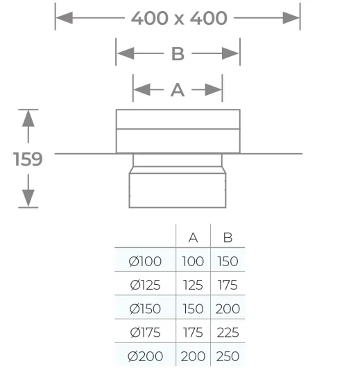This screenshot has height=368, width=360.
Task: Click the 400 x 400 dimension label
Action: [179, 18]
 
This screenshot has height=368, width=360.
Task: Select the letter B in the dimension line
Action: [178, 54]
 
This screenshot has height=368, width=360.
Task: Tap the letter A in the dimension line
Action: [178, 90]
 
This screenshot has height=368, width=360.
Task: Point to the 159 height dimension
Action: [28, 159]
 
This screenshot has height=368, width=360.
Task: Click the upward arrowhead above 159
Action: [28, 119]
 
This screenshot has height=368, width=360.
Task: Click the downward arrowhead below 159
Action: [28, 198]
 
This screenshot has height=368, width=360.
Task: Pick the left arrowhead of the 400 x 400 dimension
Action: [65, 18]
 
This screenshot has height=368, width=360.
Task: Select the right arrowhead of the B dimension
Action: [230, 53]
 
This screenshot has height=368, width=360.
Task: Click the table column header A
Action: [193, 238]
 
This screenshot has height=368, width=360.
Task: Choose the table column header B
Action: [228, 238]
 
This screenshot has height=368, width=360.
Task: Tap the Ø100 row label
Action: [145, 261]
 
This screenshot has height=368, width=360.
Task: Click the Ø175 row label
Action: [146, 333]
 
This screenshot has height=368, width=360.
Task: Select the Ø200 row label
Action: [146, 356]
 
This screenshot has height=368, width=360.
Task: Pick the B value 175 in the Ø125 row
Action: [228, 285]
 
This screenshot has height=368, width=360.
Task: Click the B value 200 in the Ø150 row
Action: [228, 308]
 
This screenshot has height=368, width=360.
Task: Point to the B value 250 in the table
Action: [228, 356]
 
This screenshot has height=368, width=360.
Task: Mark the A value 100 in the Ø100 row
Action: [193, 261]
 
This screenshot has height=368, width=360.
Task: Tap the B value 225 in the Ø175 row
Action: [228, 333]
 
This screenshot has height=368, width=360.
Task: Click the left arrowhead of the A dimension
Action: [142, 89]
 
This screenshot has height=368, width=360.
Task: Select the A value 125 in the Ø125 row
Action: [193, 285]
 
